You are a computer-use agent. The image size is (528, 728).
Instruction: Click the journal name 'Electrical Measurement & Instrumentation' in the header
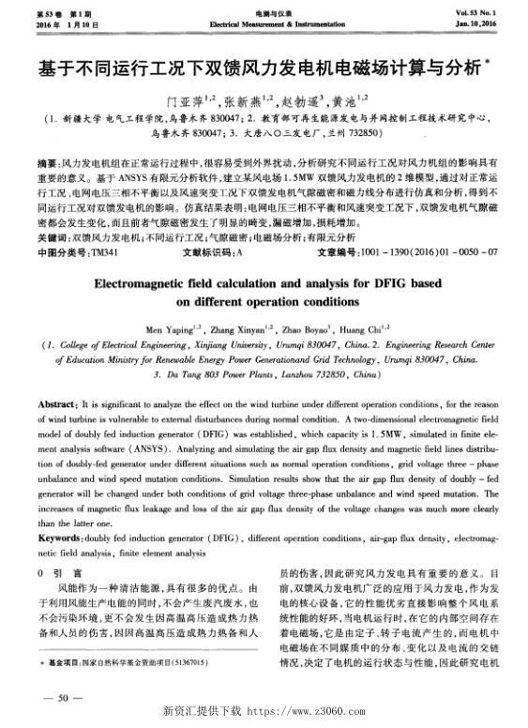264,20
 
